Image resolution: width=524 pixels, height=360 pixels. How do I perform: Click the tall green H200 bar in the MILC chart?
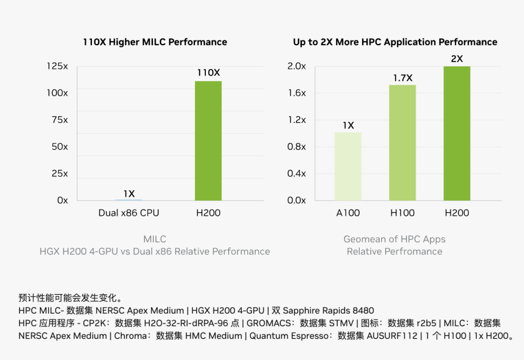click(208, 140)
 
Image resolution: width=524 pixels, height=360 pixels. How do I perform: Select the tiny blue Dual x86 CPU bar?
click(129, 200)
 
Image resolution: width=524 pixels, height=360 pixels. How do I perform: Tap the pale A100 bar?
click(348, 166)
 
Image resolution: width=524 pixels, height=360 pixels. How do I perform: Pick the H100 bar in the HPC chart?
click(403, 142)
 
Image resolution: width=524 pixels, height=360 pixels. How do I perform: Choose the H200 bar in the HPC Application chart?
click(457, 133)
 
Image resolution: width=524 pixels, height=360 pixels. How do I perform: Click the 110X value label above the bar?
click(208, 72)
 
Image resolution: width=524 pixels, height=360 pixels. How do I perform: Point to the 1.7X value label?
click(403, 78)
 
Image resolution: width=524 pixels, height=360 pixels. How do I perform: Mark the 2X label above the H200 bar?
click(457, 59)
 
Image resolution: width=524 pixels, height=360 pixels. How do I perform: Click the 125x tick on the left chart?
click(57, 66)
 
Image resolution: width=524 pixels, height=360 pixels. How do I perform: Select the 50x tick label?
click(59, 147)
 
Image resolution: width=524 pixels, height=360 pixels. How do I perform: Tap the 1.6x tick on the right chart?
click(296, 93)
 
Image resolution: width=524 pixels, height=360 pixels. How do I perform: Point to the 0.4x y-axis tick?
click(296, 173)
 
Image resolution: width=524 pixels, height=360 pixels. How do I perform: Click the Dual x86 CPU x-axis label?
click(129, 213)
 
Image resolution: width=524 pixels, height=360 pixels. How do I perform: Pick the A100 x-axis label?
click(348, 213)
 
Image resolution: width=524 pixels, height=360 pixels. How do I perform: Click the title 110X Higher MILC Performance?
click(155, 42)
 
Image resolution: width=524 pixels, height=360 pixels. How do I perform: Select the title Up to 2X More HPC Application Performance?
click(395, 42)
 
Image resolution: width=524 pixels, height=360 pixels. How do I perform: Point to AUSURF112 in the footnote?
click(392, 336)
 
